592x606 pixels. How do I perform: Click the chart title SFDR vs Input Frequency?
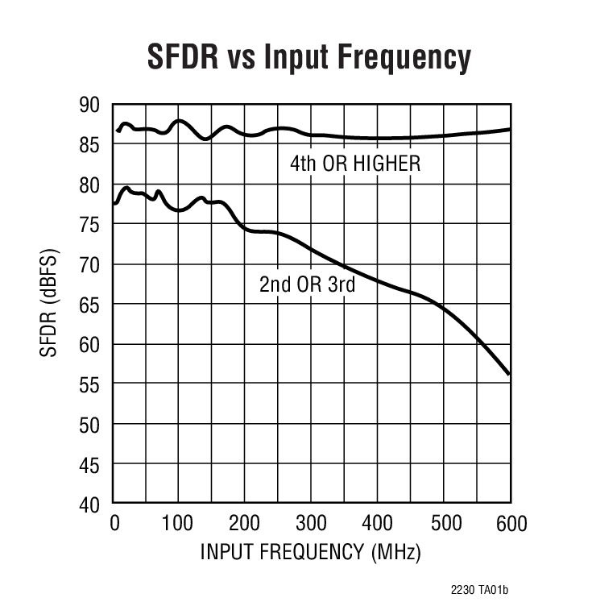pos(308,57)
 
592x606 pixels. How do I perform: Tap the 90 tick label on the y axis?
pos(89,106)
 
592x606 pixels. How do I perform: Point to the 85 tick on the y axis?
pos(89,145)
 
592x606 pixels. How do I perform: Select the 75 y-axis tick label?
pos(89,226)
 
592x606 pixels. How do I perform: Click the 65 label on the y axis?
pos(89,305)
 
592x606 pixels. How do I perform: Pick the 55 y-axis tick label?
pos(89,385)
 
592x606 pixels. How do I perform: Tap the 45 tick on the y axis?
pos(89,465)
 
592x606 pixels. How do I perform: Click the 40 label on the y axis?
pos(89,505)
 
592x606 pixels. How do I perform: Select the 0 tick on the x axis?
pos(114,525)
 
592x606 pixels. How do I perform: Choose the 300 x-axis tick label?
pos(312,525)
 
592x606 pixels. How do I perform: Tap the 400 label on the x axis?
pos(378,525)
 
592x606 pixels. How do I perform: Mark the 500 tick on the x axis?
pos(444,525)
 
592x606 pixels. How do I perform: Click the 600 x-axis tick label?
pos(510,525)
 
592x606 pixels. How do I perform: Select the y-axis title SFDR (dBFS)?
pos(50,305)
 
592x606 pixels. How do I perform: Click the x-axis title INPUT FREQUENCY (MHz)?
pos(310,553)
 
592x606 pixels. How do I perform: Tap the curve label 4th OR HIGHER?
pos(355,164)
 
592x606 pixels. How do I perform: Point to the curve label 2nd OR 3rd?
pos(307,284)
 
